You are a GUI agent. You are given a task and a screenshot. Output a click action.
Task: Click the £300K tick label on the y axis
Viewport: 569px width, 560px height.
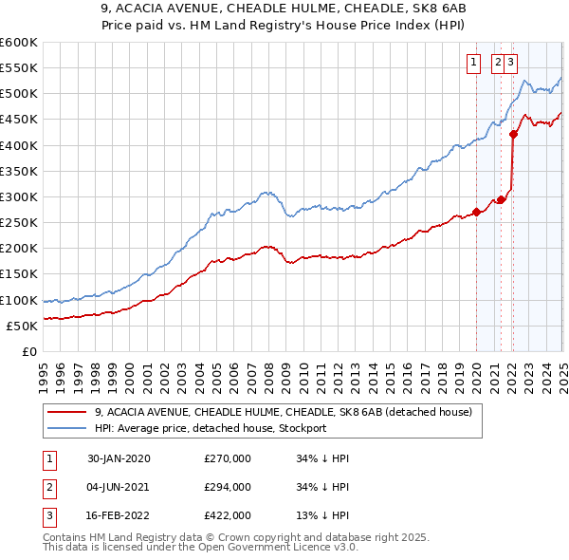(x=19, y=196)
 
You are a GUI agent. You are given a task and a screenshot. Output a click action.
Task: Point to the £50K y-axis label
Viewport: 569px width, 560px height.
(x=22, y=326)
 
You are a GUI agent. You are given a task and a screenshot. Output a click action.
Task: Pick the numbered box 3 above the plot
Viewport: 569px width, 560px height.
(x=511, y=64)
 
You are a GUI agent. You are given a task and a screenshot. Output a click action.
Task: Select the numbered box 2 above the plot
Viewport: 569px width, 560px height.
(x=498, y=64)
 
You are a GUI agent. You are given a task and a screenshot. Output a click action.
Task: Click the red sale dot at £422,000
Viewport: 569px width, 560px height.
(x=513, y=134)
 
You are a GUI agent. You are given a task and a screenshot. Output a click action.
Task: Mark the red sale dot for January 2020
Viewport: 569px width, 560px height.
(x=476, y=212)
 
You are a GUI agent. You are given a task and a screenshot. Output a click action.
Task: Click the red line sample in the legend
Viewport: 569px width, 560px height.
(x=66, y=413)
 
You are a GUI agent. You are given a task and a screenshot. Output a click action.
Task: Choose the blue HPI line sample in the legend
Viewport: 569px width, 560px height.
(x=66, y=428)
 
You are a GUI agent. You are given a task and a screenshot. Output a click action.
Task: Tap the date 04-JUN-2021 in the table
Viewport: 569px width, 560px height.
(x=119, y=487)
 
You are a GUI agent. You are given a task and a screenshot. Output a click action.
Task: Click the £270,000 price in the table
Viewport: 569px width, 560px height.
(x=227, y=458)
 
